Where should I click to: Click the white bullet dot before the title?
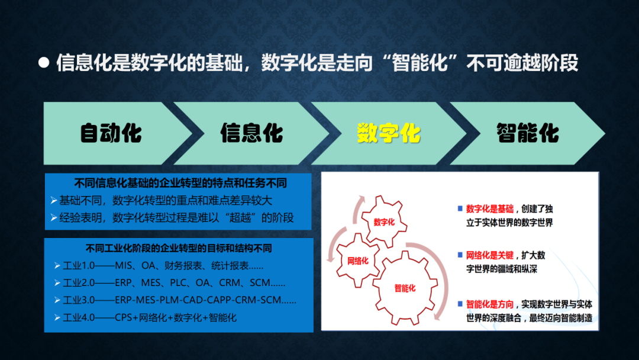(44, 62)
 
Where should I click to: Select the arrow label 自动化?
(111, 133)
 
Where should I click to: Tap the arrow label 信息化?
(251, 133)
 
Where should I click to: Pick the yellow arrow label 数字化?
(388, 133)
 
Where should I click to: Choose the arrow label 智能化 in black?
(527, 133)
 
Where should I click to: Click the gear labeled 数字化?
(384, 221)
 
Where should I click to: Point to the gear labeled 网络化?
(358, 261)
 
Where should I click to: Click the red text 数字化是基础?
(489, 209)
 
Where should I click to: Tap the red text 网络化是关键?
(489, 255)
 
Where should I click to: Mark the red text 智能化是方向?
(489, 304)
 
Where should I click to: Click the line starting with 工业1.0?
(163, 266)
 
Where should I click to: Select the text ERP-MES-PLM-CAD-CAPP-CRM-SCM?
(198, 300)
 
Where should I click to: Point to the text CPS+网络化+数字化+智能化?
(176, 317)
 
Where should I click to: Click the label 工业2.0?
(79, 283)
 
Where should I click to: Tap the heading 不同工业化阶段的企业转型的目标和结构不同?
(179, 248)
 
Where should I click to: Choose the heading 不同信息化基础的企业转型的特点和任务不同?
(180, 183)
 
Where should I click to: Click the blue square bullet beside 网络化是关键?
(460, 255)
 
